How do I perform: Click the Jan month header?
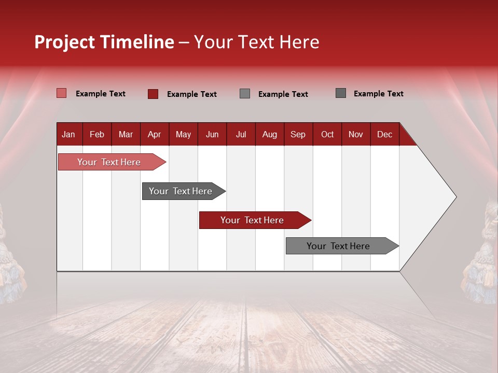68,134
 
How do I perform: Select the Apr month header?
154,134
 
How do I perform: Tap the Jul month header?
241,134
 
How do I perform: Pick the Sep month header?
298,134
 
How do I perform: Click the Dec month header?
384,134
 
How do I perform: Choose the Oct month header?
327,134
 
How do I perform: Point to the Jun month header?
212,134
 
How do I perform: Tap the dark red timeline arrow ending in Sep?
253,220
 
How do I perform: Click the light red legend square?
61,93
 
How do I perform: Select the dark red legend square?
153,94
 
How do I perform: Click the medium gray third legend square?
244,94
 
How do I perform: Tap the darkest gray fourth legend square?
340,93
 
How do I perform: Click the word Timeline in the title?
136,42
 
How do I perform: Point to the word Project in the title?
64,42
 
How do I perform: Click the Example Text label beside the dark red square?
191,94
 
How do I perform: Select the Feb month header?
97,134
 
